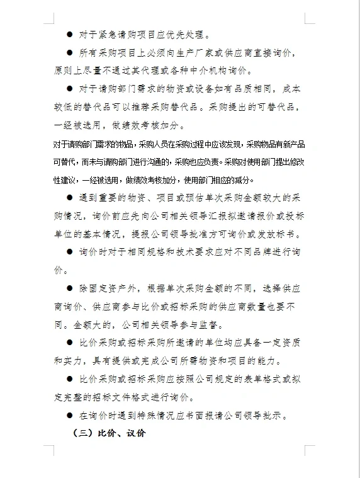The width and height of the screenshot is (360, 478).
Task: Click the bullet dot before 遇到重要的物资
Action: [70, 198]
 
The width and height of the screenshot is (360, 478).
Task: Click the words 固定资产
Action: [106, 288]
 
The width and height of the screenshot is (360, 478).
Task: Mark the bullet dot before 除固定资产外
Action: [70, 288]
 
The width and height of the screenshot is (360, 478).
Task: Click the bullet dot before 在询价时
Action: [70, 416]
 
